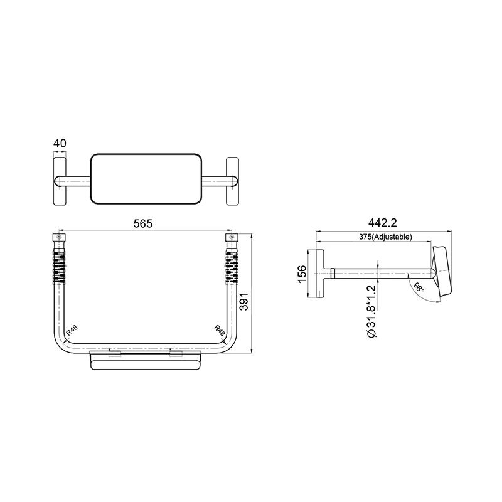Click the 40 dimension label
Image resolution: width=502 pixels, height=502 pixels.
click(60, 144)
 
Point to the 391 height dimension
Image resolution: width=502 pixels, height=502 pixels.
click(245, 301)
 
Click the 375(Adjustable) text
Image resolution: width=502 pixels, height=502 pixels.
click(385, 237)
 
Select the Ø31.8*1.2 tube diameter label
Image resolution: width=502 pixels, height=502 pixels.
click(371, 311)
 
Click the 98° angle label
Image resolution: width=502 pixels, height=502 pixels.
click(419, 288)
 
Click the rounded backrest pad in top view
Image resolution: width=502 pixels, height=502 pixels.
click(145, 179)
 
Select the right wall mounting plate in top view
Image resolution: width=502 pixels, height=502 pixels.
click(232, 181)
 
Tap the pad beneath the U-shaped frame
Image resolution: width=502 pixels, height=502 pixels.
click(145, 363)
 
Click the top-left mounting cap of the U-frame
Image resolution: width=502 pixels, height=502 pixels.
click(58, 240)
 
